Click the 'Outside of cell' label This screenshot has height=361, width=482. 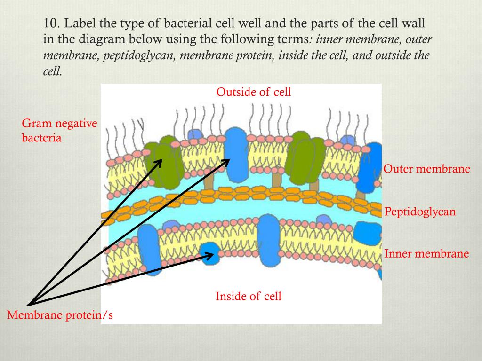pos(254,92)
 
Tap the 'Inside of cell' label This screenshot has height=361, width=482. pos(249,296)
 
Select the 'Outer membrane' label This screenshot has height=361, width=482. pos(426,169)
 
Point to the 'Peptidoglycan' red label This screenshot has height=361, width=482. pos(420,212)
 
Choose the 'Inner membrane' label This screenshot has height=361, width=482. pos(426,254)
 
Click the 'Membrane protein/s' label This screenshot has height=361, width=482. pos(60,315)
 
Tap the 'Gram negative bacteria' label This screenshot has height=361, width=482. pos(59,131)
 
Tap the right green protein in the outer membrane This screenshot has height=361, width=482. pos(307,158)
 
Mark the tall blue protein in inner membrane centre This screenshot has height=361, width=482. pos(269,240)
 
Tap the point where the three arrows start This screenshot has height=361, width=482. pos(29,305)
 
